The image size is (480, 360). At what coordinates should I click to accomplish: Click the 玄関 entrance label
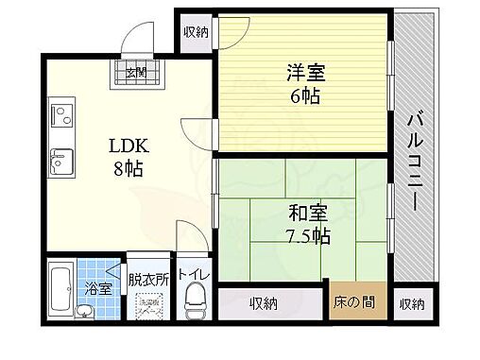136,73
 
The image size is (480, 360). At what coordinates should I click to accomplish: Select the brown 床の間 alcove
357,303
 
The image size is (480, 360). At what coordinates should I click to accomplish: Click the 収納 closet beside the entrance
197,31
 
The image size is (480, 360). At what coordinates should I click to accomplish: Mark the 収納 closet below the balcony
411,303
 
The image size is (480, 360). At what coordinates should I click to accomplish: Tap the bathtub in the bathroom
62,294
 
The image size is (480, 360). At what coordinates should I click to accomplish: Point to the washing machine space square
149,308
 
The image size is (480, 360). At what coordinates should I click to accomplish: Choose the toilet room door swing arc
190,237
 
